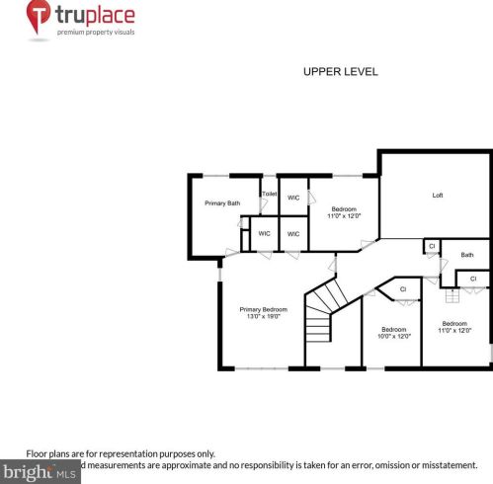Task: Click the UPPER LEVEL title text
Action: coord(339,72)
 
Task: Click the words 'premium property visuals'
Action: coord(97,33)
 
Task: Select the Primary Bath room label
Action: coord(222,203)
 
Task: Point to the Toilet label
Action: coord(269,194)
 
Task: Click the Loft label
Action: coord(437,195)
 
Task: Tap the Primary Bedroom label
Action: coord(262,309)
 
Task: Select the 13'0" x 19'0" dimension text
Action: coord(262,317)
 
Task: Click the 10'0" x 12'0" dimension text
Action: coord(393,337)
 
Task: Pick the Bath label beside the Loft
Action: coord(466,255)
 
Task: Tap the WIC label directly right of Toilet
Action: coord(293,198)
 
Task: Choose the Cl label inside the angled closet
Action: coord(403,289)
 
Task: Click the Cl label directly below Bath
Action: coord(472,280)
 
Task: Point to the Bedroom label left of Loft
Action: coord(344,208)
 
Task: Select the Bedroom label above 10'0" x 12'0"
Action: coord(393,329)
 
